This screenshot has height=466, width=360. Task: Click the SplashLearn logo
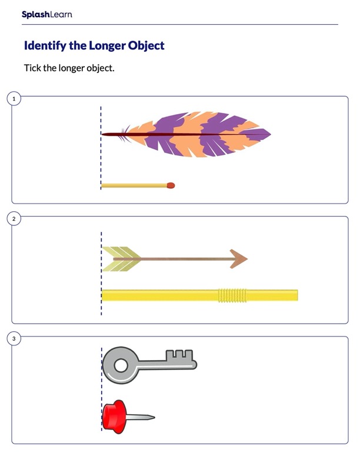click(46, 15)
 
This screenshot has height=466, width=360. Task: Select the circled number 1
click(14, 99)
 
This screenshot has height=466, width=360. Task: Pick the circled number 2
click(14, 219)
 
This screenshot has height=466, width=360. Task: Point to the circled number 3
click(14, 339)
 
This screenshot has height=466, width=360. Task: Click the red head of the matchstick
click(171, 185)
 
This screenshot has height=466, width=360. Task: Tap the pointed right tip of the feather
click(271, 134)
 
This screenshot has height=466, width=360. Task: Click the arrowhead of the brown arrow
click(238, 259)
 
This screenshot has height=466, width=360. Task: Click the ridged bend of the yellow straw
click(232, 295)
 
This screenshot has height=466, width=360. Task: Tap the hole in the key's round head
click(121, 365)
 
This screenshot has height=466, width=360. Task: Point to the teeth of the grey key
click(179, 355)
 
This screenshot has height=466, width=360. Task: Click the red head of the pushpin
click(114, 417)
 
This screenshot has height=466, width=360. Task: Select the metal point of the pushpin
click(141, 417)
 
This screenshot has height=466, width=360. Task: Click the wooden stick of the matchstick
click(134, 186)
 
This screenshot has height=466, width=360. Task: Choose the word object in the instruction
click(101, 68)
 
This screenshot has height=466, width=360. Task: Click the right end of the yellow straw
click(297, 295)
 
